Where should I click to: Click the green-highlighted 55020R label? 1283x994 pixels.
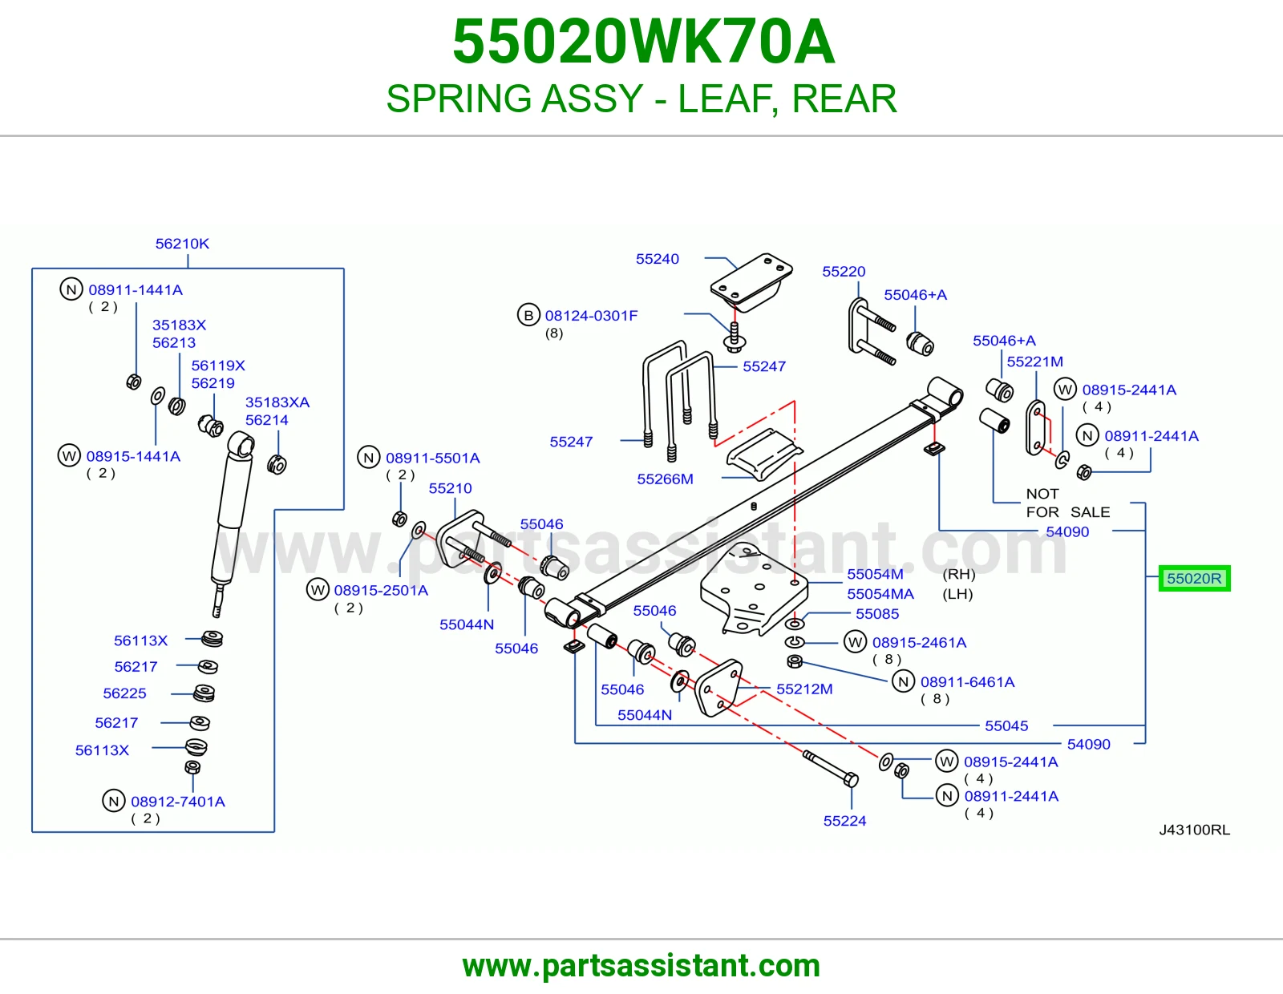[x=1194, y=578]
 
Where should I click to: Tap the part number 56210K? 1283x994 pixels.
[x=182, y=244]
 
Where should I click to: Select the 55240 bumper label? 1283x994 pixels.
[x=658, y=259]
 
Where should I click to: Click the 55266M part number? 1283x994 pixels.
[x=665, y=479]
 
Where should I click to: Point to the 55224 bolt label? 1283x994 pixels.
[x=844, y=821]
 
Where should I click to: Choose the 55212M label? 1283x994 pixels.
[x=804, y=689]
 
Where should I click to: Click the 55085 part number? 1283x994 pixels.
[x=877, y=614]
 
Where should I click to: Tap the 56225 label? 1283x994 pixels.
[x=124, y=693]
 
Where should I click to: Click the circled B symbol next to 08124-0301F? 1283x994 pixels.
[x=528, y=315]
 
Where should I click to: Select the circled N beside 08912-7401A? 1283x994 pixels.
[x=113, y=801]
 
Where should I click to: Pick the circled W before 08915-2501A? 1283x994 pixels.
[x=318, y=590]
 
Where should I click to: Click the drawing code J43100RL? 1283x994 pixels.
[x=1195, y=830]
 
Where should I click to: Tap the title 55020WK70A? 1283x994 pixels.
[x=643, y=42]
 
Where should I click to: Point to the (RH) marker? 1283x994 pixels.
[x=959, y=574]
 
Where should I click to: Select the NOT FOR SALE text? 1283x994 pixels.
[x=1068, y=503]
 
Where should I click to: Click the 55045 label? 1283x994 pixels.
[x=1006, y=725]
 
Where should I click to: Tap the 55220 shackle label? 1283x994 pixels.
[x=844, y=272]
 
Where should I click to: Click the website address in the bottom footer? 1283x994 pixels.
[x=641, y=966]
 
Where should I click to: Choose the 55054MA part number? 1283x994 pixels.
[x=880, y=594]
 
